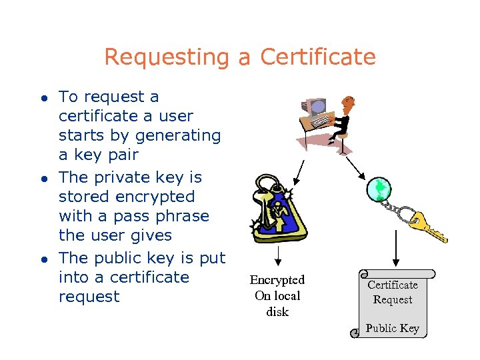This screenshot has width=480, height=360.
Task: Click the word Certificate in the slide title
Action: click(318, 57)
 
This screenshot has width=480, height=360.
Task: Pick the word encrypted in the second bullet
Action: click(154, 197)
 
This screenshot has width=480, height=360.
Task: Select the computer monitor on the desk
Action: click(317, 107)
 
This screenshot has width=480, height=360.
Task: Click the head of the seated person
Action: click(347, 103)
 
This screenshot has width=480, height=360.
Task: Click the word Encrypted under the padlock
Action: click(277, 280)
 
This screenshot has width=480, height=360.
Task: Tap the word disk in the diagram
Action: click(277, 312)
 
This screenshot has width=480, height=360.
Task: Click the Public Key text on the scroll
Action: click(392, 328)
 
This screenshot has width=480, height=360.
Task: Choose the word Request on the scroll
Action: click(393, 300)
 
